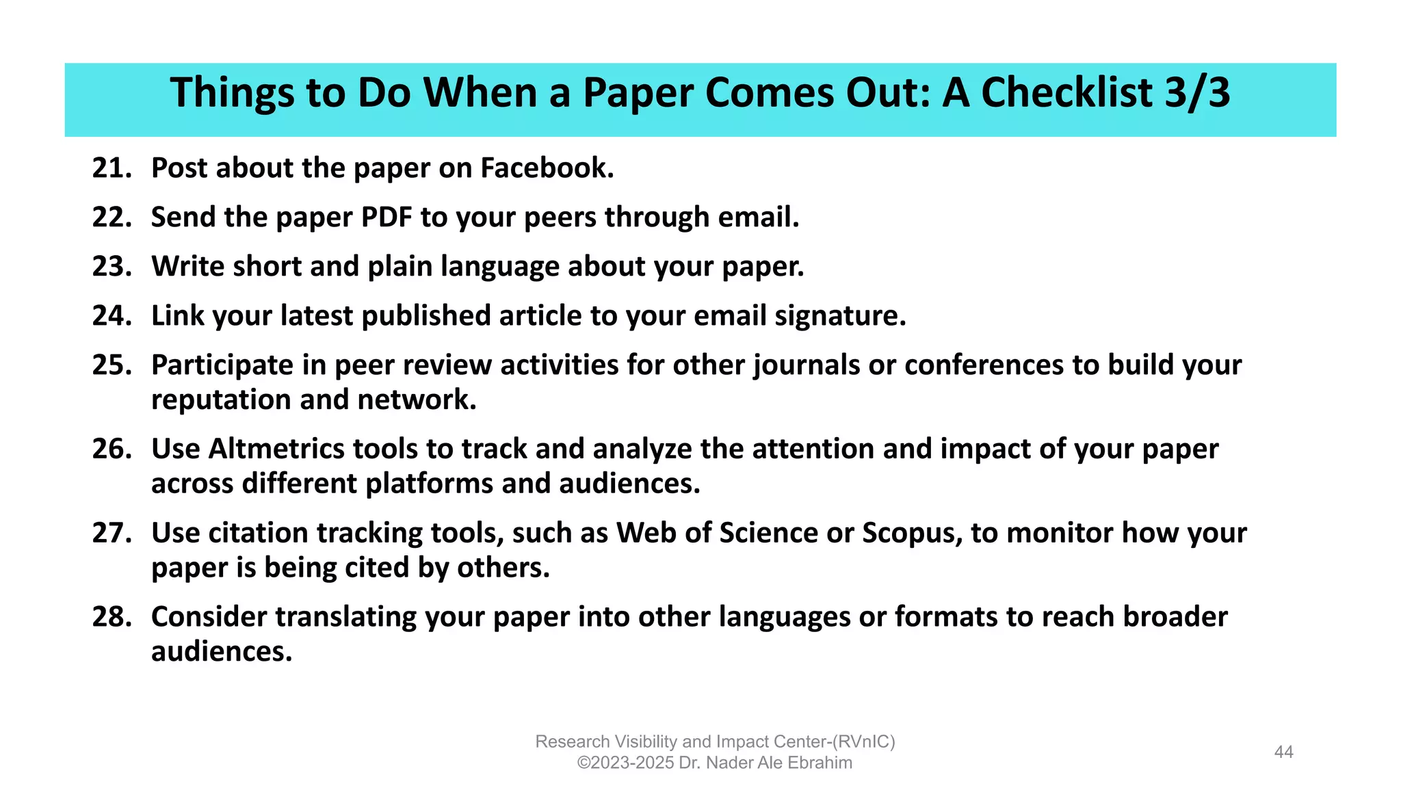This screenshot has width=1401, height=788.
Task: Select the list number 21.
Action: [x=112, y=168]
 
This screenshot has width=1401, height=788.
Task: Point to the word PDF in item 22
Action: [x=387, y=218]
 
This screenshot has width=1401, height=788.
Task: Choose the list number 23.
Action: [x=112, y=267]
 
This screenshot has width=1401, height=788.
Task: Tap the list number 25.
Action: [x=112, y=365]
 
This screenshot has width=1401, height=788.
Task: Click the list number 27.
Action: [x=112, y=534]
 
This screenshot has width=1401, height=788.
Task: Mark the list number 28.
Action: [x=112, y=617]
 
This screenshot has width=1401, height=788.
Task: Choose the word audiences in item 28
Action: [x=221, y=652]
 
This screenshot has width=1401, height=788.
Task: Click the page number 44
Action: [x=1283, y=752]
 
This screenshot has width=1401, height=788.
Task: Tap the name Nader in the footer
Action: [x=728, y=763]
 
